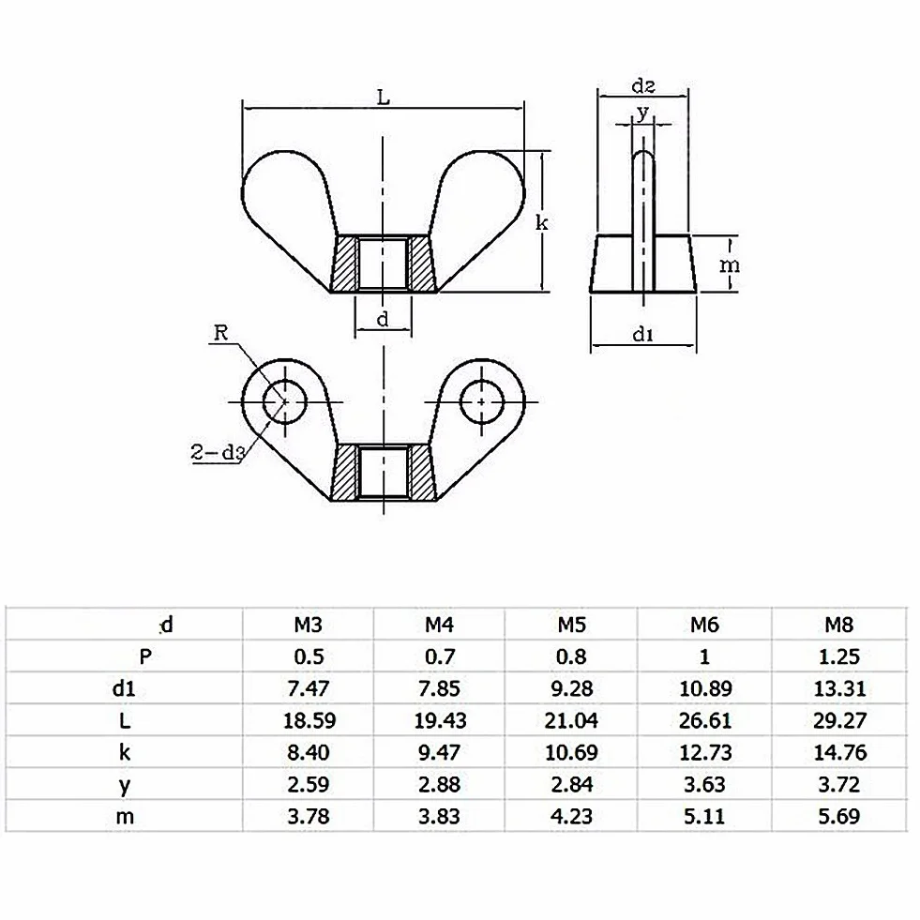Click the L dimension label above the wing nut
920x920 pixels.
(384, 97)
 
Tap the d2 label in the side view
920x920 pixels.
(643, 86)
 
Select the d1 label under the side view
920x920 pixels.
(643, 334)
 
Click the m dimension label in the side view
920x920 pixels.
(730, 265)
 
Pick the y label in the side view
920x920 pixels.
(643, 112)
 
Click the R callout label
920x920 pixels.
(220, 333)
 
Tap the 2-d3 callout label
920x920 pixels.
(217, 452)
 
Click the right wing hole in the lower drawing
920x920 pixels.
(482, 402)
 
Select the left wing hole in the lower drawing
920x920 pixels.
(284, 402)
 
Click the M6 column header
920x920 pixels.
(704, 625)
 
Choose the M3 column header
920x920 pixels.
(308, 625)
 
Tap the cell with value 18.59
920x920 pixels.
(309, 720)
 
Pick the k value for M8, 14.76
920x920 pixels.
(839, 752)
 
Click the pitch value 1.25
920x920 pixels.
(839, 656)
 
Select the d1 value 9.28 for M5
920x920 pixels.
(571, 688)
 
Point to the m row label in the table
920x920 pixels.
(125, 816)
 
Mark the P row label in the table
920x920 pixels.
(145, 656)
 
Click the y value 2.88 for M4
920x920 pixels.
(440, 784)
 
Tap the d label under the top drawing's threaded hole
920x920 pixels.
(383, 320)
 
